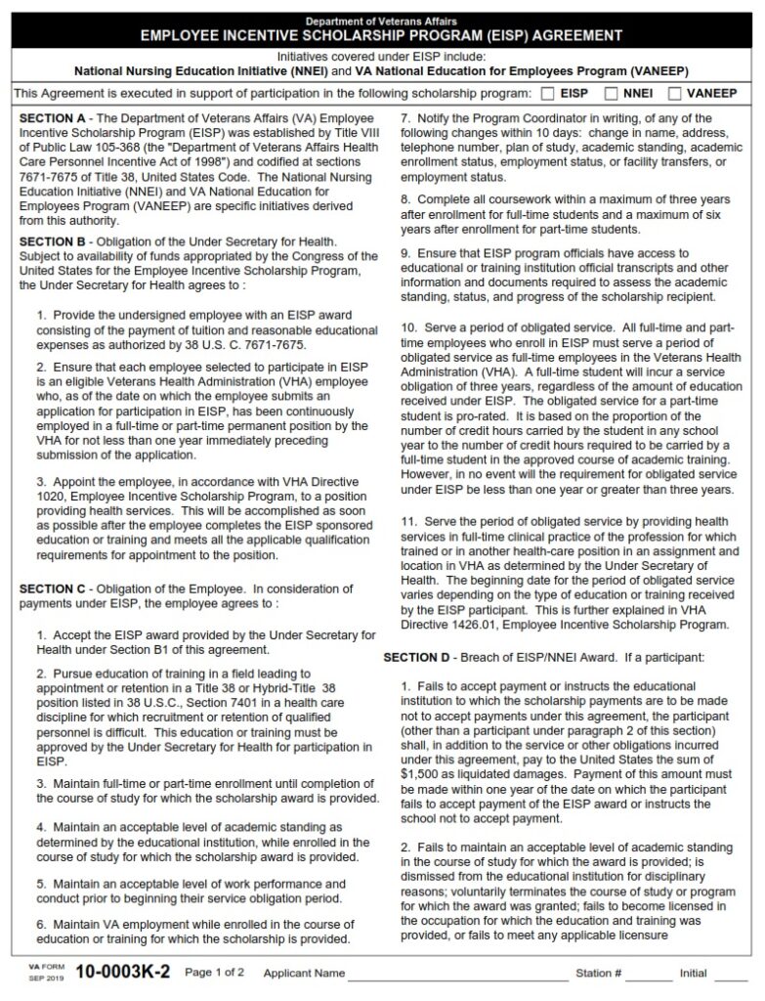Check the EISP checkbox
click(547, 94)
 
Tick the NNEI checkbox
click(611, 94)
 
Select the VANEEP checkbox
click(674, 94)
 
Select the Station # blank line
click(649, 976)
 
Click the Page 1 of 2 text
click(215, 974)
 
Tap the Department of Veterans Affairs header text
click(381, 21)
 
